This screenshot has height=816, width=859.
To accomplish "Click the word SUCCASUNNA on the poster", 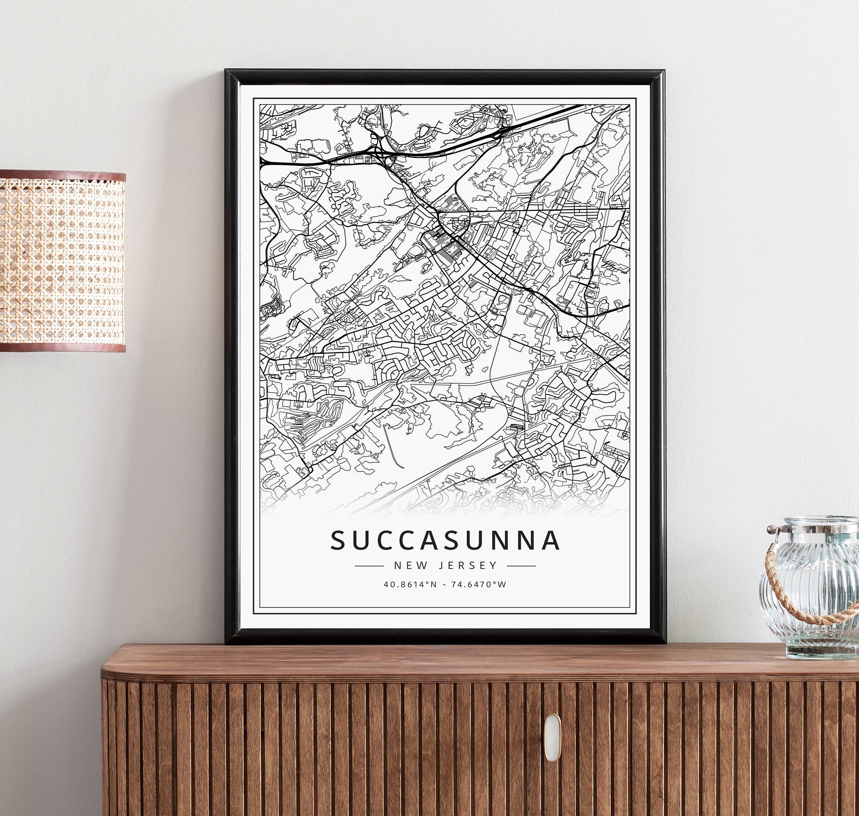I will [x=445, y=540].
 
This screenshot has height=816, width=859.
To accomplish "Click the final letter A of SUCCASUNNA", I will [x=551, y=540].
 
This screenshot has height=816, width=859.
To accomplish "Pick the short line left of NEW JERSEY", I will [x=369, y=566].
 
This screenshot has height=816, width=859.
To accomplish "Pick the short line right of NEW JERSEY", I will [x=521, y=566].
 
